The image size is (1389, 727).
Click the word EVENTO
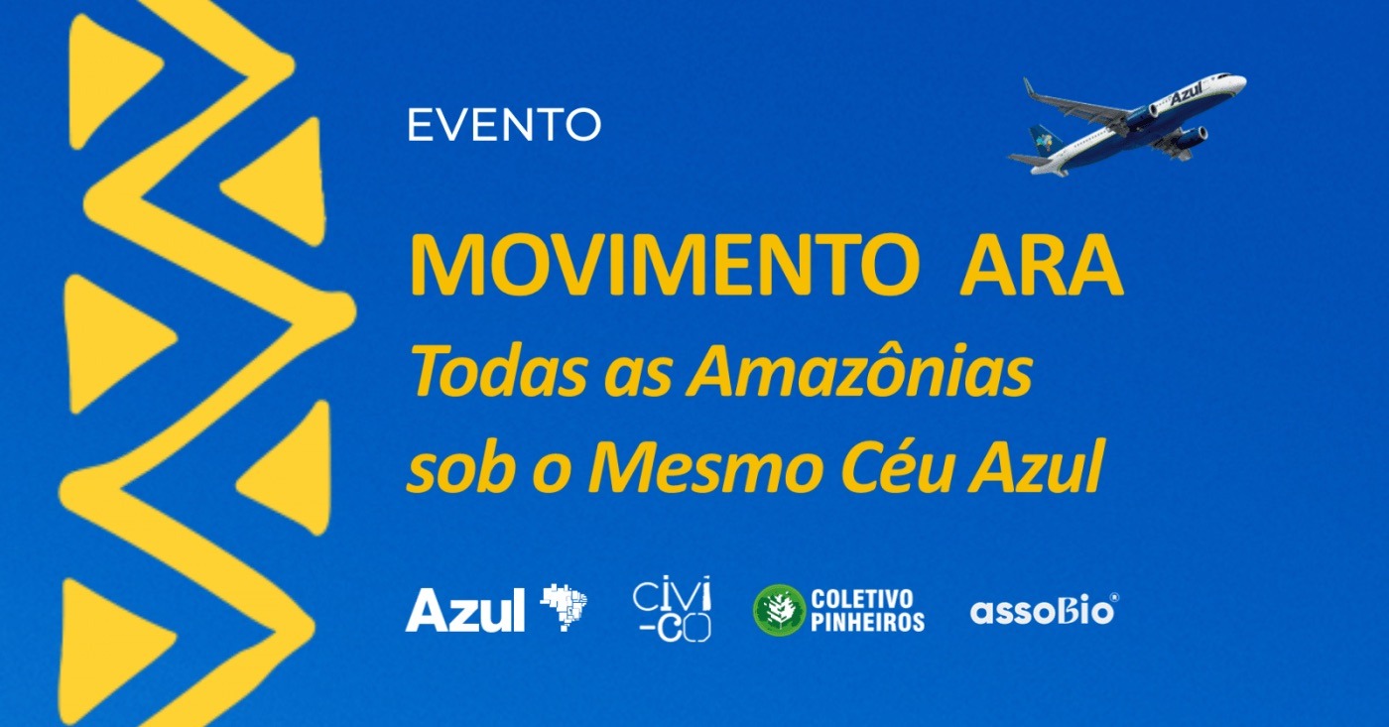[504, 125]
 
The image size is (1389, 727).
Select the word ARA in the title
[1042, 265]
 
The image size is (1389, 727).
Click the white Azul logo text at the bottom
[465, 610]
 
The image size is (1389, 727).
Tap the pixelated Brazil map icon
[564, 607]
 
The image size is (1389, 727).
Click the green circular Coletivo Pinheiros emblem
[780, 610]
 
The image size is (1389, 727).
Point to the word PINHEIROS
[867, 622]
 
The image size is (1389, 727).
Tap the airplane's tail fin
[1044, 140]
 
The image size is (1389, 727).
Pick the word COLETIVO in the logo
[862, 599]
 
